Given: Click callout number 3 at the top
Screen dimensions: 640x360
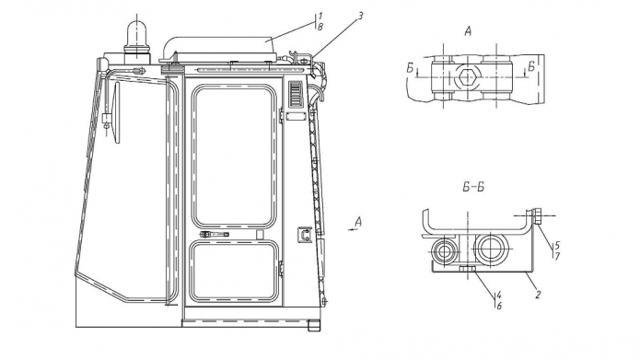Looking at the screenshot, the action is [360, 16].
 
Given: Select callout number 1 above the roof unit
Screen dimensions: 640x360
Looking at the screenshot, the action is [320, 17].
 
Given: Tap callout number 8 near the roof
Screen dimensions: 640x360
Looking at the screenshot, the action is [320, 27].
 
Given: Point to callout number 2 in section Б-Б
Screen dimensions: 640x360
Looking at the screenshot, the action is [538, 294].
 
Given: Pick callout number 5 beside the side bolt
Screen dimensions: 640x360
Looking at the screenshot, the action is [557, 245].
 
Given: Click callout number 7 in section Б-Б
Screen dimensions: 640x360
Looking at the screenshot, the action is [557, 256].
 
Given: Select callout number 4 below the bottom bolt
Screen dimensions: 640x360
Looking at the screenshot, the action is [499, 295].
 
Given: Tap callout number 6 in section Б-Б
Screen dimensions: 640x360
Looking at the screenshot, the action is [499, 306].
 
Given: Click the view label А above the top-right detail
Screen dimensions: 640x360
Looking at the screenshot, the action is [468, 31].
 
